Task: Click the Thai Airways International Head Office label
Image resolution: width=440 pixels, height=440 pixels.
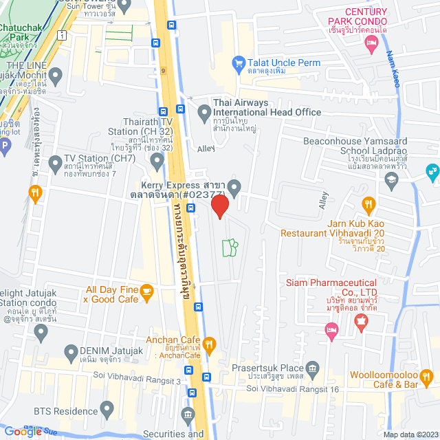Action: pos(267,107)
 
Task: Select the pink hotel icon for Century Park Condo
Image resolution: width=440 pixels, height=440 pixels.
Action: pos(372,45)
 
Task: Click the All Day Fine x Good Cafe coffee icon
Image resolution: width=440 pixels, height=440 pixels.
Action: pos(146,294)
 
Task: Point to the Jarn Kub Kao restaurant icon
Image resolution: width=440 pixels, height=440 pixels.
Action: pos(368,204)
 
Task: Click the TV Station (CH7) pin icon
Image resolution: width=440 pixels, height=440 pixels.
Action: pos(55,163)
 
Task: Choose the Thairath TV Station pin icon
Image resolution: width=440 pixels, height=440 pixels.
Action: pos(157,163)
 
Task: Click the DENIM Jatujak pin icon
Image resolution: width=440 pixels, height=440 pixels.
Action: pos(70,353)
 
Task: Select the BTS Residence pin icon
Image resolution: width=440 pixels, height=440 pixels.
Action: pos(107,410)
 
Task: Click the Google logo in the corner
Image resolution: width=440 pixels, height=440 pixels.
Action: pos(23,431)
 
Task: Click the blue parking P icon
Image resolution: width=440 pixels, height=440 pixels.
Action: pos(5,146)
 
